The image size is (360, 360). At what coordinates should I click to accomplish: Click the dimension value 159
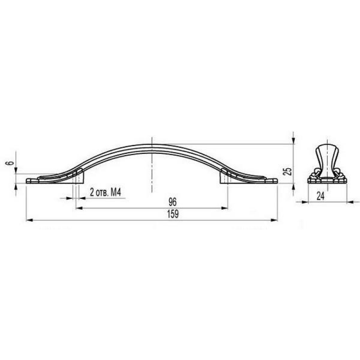point(173,214)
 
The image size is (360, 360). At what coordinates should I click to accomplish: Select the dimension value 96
point(173,202)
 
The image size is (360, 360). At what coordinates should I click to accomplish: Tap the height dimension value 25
point(287,171)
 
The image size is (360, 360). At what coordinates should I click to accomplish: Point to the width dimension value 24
point(320,196)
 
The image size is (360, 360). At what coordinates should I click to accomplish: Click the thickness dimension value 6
point(10,163)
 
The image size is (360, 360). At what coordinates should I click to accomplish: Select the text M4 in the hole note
point(116,193)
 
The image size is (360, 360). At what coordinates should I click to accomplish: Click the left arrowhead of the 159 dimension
point(30,220)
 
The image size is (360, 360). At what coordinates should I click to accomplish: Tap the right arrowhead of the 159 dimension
point(274,220)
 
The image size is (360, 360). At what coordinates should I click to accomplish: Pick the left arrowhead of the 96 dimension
point(79,208)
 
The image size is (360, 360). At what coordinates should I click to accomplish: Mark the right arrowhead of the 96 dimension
point(224,208)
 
